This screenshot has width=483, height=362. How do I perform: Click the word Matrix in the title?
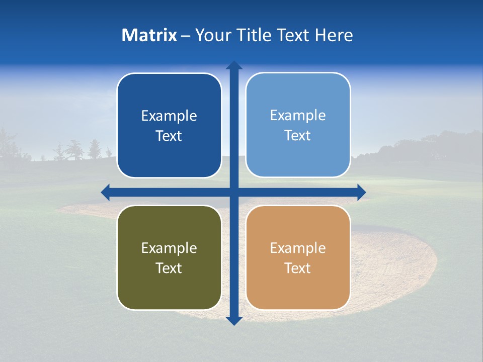coord(149,35)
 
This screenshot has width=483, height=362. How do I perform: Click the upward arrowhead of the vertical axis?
coord(234,65)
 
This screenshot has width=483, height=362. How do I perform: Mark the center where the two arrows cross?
coord(234,192)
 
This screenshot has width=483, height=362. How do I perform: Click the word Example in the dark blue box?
coord(169,116)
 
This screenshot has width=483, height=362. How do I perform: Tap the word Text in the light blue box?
coord(298,136)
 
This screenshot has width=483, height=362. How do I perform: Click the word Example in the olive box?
coord(169,248)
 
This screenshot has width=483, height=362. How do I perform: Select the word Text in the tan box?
coord(298,268)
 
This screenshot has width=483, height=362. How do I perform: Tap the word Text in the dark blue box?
coord(169,136)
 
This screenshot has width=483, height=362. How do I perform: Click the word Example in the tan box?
coord(298,248)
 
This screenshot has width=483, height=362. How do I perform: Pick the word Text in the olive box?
coord(169,268)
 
